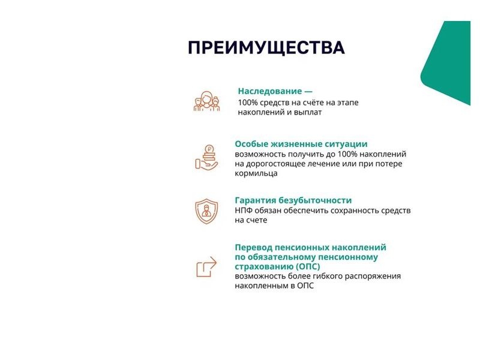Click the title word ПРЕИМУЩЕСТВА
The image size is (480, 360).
click(x=266, y=48)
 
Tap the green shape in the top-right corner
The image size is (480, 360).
click(x=449, y=61)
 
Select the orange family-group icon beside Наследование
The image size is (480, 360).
click(x=206, y=101)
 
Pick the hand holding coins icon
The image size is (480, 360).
click(x=206, y=157)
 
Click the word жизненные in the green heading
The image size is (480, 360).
click(x=289, y=144)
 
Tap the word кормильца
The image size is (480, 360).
click(x=256, y=173)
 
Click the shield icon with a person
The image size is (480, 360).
click(x=206, y=211)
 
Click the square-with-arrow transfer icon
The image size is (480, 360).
click(x=206, y=266)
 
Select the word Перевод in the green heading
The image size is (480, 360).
click(x=253, y=247)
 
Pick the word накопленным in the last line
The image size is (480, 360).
click(x=261, y=286)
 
